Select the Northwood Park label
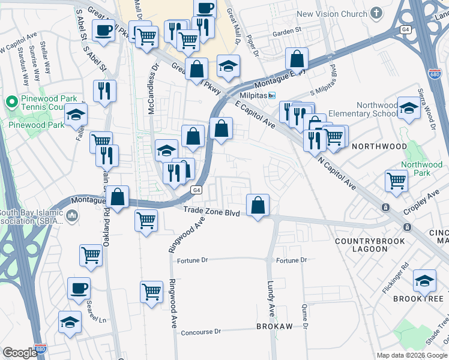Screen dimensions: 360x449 point(421,169)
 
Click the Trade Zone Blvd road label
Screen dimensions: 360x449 point(211,213)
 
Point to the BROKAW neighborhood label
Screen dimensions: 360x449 point(274,326)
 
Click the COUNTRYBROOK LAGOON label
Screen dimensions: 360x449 point(361,245)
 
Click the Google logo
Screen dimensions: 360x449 point(20,353)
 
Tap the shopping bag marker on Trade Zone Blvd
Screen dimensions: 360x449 point(258,205)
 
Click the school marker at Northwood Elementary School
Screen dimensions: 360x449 point(409,109)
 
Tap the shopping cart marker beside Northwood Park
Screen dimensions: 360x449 point(396,181)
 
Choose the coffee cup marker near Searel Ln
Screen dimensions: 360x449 point(79,289)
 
